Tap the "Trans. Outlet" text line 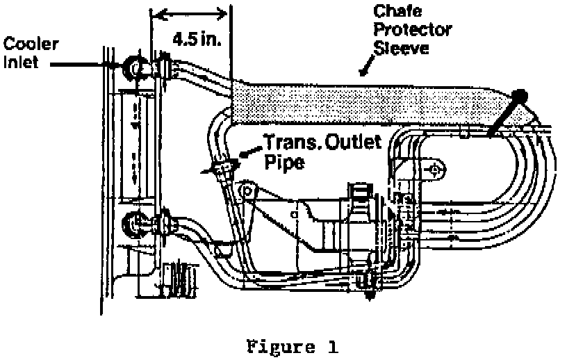[x=322, y=143]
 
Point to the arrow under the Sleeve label [x=364, y=68]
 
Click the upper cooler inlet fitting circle [x=131, y=67]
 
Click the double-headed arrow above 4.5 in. [x=190, y=13]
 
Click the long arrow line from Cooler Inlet [x=76, y=65]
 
